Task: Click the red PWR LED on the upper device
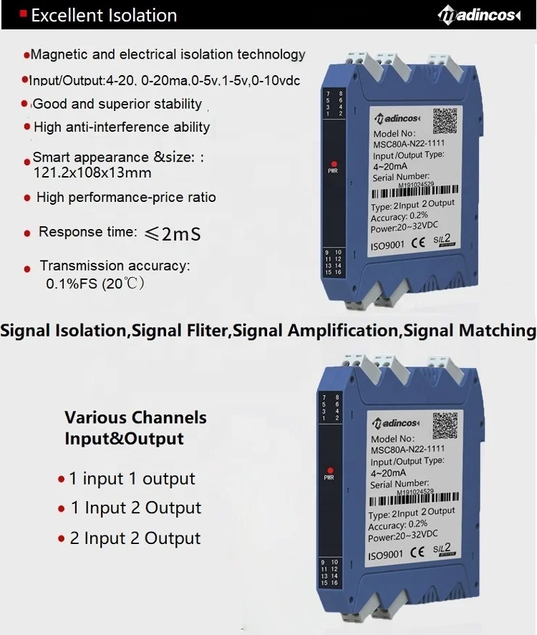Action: coord(334,165)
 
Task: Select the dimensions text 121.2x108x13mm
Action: coord(92,173)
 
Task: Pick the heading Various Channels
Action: coord(135,417)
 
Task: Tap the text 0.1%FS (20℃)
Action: coord(95,283)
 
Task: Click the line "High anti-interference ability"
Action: coord(122,127)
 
